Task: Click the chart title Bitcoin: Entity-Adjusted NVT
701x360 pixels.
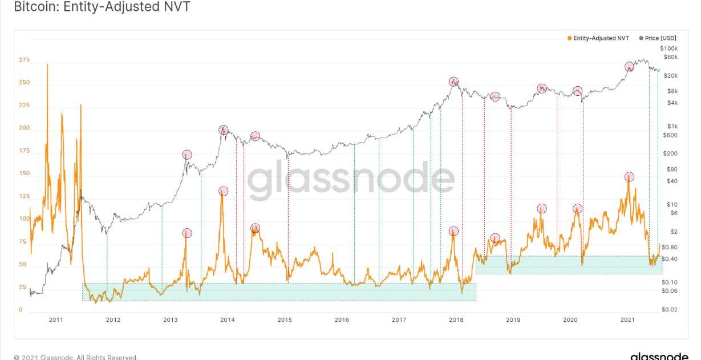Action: point(102,7)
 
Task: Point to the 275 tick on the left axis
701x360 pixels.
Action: point(23,60)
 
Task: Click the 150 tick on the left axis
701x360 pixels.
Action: point(23,173)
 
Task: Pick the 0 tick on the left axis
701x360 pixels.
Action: point(21,310)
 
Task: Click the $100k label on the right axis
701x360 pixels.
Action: point(668,48)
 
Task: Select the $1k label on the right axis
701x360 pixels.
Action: point(673,126)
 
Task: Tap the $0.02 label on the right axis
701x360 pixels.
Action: point(670,310)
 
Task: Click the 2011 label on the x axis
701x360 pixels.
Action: point(56,320)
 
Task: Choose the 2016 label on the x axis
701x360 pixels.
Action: point(342,320)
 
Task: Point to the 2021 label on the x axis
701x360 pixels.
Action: point(627,320)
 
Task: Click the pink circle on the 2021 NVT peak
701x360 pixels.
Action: point(629,177)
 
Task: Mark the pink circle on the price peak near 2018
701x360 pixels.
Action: point(453,82)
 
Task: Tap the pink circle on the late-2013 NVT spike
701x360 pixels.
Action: point(223,192)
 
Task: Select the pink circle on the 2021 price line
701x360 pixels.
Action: point(629,66)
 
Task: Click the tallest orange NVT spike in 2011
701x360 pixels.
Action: point(47,64)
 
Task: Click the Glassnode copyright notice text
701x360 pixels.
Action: point(76,357)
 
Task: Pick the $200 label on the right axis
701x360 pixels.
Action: point(671,153)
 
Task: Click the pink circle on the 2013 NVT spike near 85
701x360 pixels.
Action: point(187,233)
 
